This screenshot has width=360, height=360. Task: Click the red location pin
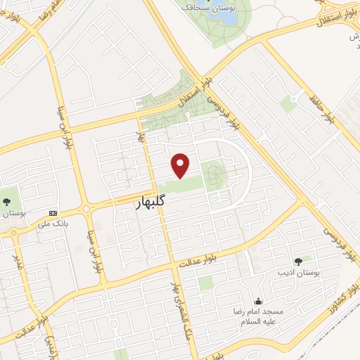click(x=181, y=165)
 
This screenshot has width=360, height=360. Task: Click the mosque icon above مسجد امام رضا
click(x=259, y=300)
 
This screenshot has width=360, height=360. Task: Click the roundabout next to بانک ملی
click(x=88, y=209)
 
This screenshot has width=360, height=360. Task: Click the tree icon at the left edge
click(x=6, y=201)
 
